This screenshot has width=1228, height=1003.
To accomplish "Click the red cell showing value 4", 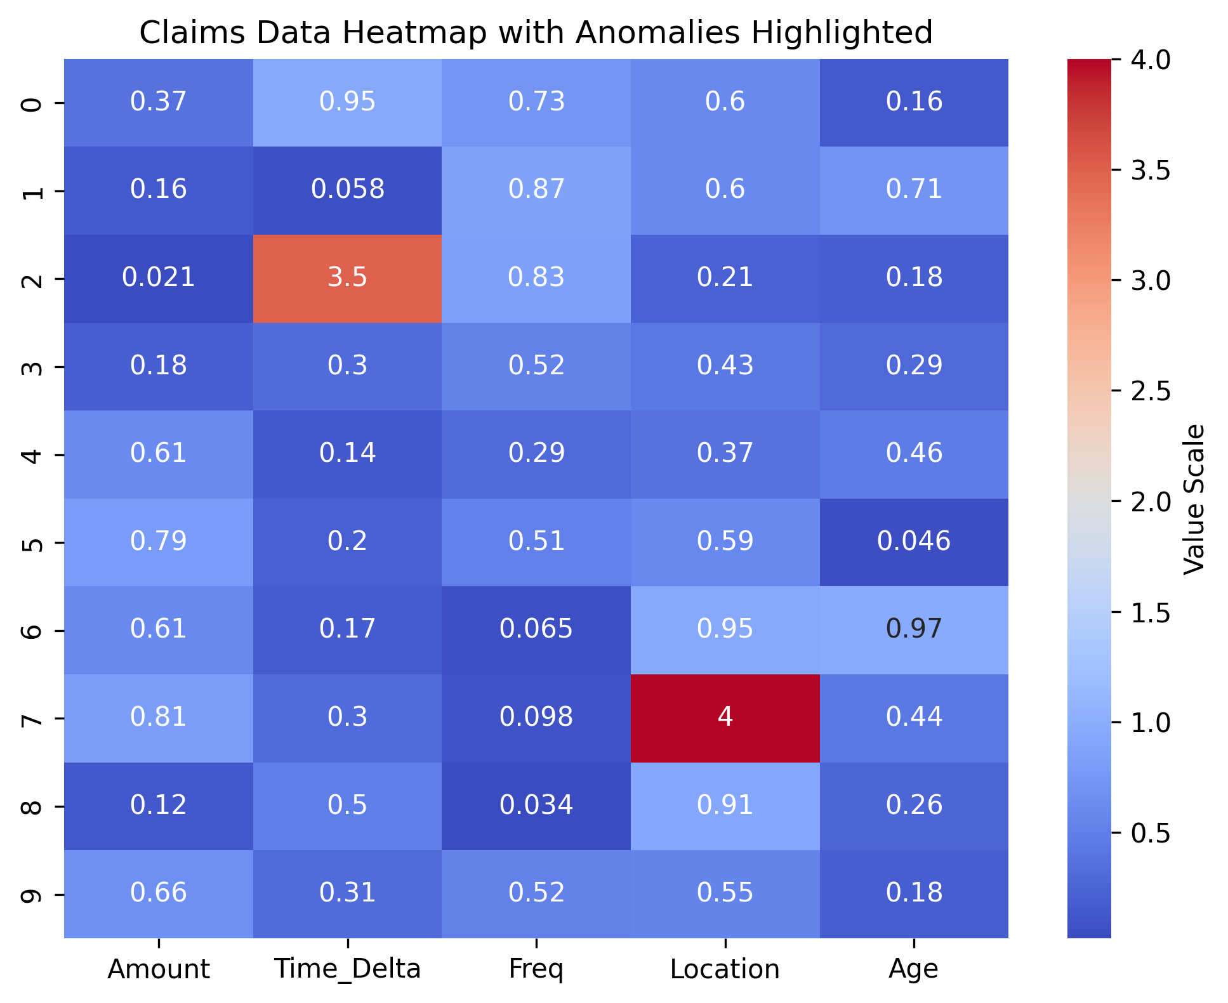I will (725, 718).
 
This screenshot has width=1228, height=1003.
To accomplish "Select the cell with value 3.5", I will (347, 278).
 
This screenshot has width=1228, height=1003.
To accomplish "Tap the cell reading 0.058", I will (347, 190).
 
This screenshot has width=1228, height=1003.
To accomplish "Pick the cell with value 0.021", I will (158, 278).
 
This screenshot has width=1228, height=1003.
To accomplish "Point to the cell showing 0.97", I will (914, 629).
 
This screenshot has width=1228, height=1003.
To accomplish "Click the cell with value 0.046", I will (914, 541).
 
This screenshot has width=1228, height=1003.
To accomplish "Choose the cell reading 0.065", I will (536, 629).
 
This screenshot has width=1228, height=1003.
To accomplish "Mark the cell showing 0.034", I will (536, 805).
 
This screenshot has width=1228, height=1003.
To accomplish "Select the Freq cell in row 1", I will (536, 190).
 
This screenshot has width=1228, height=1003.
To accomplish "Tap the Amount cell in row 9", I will (158, 893).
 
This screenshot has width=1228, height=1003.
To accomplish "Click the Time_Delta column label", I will (347, 969).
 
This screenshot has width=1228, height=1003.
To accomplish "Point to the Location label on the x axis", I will (725, 969).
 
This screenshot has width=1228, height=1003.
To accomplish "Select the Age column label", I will (914, 969).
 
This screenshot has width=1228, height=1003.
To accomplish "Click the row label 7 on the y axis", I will (33, 718).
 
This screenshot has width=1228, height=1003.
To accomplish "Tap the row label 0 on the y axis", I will (33, 103).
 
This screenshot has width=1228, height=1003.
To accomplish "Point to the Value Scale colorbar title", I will (1194, 499).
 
